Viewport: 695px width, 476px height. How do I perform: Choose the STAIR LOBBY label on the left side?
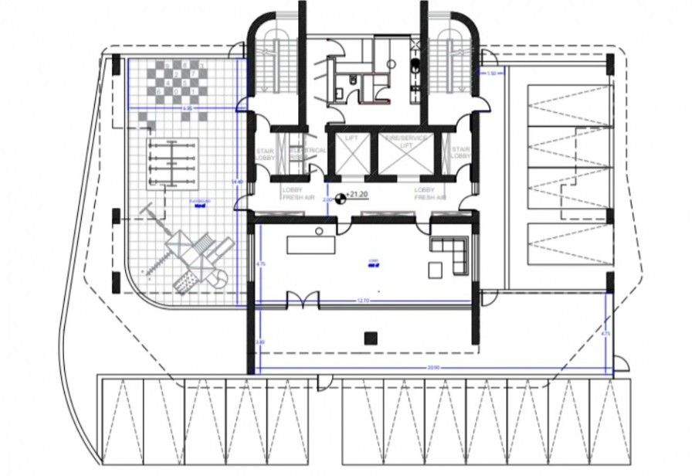[265, 154]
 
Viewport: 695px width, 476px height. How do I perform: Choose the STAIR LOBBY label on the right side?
[461, 154]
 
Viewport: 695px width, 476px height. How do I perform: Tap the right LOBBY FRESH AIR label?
[429, 193]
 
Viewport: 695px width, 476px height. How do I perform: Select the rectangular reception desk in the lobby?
[312, 244]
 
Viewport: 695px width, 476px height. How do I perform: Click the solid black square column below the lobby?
[369, 336]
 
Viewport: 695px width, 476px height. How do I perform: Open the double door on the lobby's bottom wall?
[301, 300]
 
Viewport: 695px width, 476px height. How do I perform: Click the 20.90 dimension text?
[432, 368]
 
